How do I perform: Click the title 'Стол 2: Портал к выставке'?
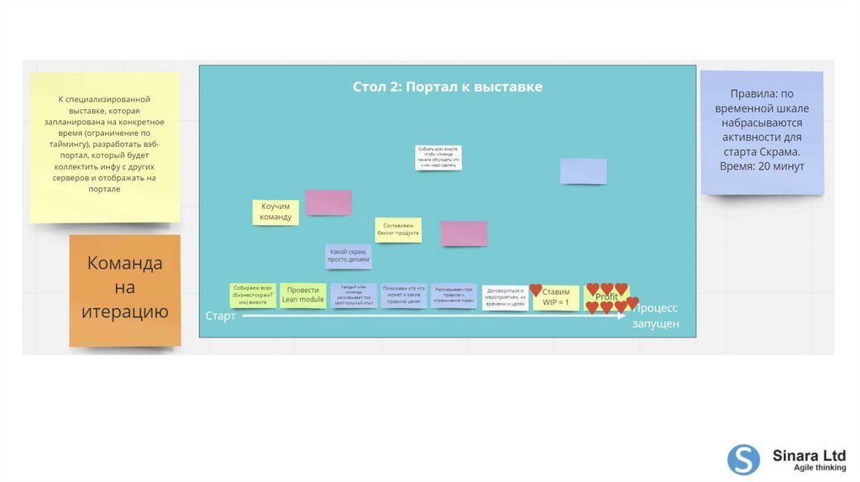[x=447, y=87]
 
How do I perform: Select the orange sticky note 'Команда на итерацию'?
[x=124, y=288]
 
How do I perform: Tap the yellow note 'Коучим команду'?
[x=275, y=212]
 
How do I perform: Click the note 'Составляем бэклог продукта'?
[x=398, y=230]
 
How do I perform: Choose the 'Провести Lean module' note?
[x=302, y=295]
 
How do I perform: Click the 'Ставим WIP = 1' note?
[x=556, y=297]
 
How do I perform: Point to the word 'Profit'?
[x=606, y=297]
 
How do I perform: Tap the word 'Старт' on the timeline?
[x=221, y=316]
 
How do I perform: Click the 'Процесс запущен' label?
[x=655, y=316]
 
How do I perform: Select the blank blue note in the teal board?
[x=583, y=171]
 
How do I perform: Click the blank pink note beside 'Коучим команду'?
[x=328, y=202]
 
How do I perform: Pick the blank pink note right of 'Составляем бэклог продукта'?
[x=464, y=233]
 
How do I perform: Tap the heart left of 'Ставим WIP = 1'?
[x=536, y=290]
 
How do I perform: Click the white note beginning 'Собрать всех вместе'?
[x=438, y=157]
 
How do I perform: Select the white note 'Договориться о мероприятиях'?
[x=506, y=297]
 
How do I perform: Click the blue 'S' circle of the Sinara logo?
[x=743, y=459]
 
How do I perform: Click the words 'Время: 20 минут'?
[x=762, y=166]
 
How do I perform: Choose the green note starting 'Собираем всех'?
[x=253, y=296]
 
